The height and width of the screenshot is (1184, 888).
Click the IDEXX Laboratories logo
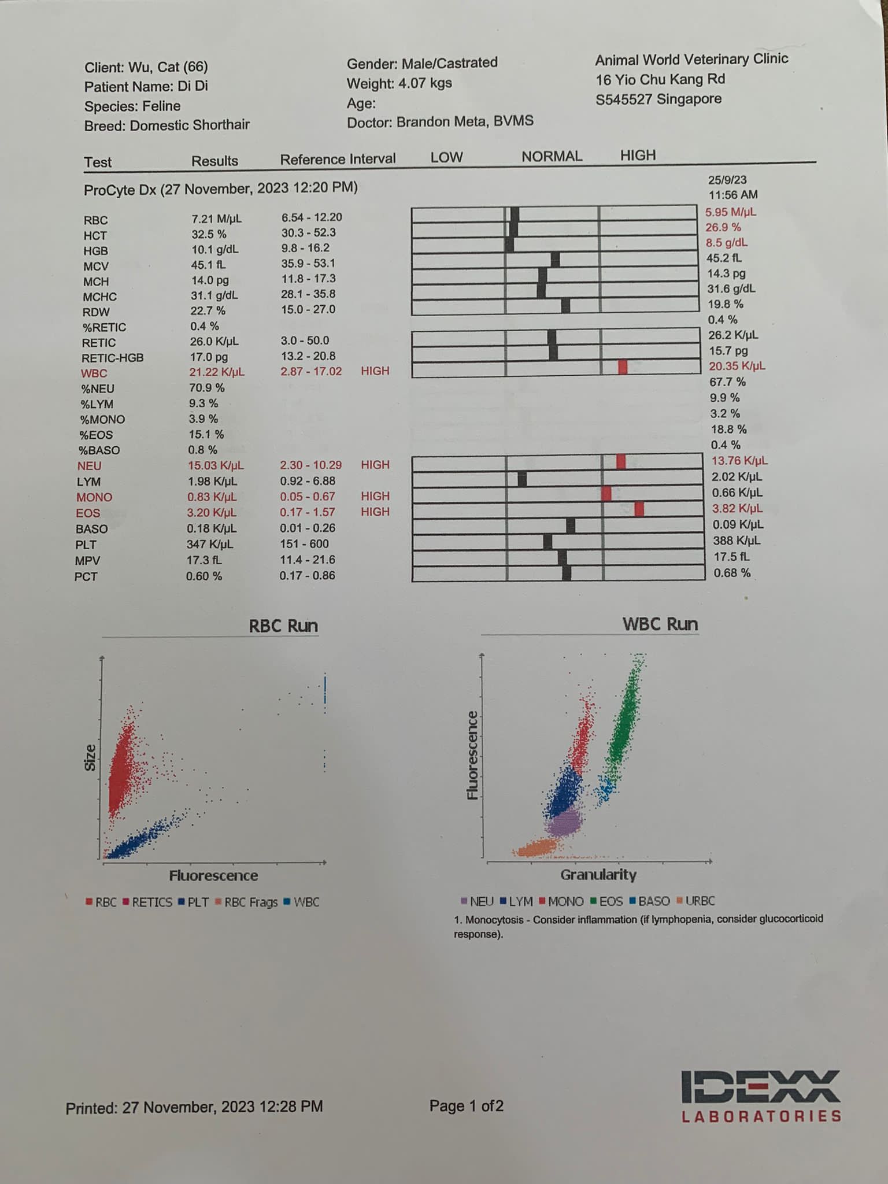[x=761, y=1096]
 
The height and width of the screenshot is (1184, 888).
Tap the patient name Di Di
[x=193, y=86]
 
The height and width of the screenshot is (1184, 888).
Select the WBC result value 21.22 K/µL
[x=216, y=372]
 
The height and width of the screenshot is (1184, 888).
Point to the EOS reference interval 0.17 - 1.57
[x=307, y=512]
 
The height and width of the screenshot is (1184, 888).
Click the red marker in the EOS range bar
[x=639, y=509]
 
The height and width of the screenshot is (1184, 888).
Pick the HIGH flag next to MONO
[x=375, y=496]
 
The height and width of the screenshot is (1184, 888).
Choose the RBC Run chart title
[x=283, y=626]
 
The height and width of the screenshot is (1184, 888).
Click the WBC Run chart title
[x=660, y=624]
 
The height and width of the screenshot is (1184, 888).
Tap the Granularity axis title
[x=598, y=875]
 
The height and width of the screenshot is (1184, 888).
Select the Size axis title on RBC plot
[x=90, y=757]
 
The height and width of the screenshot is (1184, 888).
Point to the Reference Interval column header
[x=338, y=159]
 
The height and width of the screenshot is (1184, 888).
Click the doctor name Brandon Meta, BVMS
[x=464, y=121]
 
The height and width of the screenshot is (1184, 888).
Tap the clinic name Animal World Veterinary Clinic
[x=691, y=59]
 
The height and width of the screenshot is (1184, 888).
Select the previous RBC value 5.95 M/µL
[x=730, y=212]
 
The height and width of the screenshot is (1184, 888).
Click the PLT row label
[x=86, y=545]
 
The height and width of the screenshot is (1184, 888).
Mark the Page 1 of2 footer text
[x=466, y=1106]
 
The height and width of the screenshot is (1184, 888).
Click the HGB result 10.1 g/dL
[x=214, y=249]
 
